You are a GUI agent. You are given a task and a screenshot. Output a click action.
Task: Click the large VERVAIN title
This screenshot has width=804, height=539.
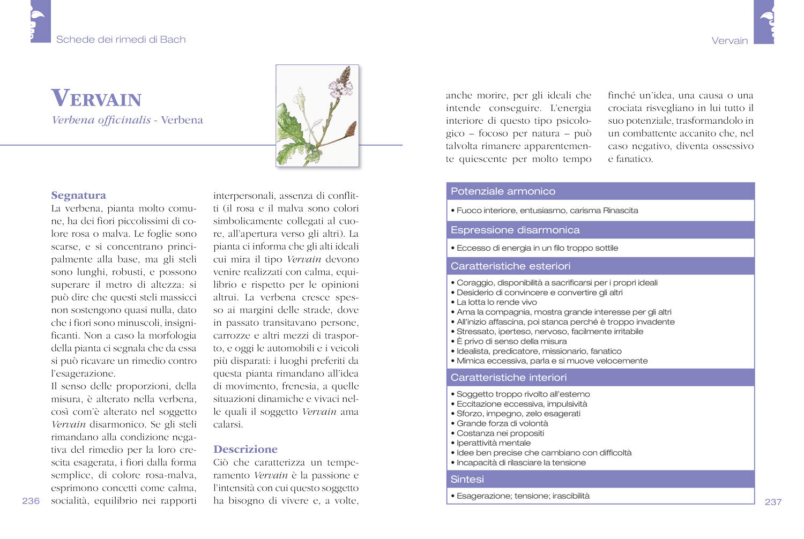pos(96,99)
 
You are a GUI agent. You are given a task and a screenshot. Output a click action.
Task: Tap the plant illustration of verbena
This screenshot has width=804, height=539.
pos(317,116)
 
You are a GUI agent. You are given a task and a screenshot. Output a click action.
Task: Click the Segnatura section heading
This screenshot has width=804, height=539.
pos(78,195)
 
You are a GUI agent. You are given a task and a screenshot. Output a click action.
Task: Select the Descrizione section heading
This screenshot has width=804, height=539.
pos(245,449)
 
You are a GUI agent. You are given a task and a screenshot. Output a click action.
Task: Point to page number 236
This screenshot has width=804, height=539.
pos(31,501)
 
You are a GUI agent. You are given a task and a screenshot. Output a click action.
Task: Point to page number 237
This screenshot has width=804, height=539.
pos(772,502)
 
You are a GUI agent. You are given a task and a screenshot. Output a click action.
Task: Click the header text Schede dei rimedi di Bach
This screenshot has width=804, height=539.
pos(121,40)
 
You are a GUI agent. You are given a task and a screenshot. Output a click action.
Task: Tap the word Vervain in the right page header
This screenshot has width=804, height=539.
pos(729,41)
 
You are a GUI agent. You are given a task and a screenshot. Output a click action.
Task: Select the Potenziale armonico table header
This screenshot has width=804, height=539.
pos(503,191)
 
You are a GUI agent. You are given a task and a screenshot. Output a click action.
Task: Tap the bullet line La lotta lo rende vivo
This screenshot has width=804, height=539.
pos(496,302)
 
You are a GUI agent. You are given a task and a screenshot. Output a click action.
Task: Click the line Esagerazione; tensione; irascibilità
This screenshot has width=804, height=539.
pos(523,496)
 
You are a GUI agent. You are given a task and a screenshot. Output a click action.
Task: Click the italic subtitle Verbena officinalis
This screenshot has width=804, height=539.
pos(101,120)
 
